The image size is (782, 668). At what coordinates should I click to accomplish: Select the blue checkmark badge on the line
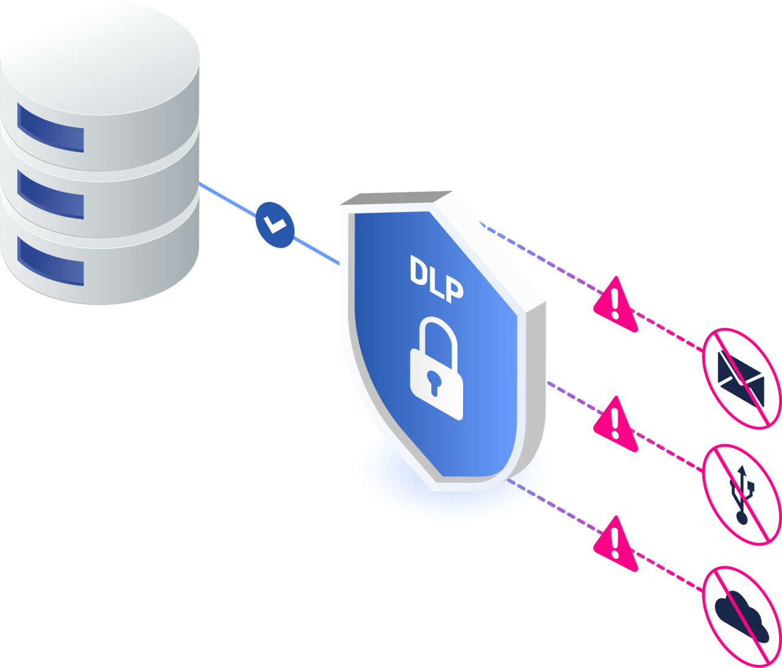coord(275,224)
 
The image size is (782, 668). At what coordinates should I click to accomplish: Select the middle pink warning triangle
coord(615,424)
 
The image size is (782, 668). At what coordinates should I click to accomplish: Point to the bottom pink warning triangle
coord(615,544)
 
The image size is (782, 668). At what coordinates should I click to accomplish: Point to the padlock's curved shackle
coord(438,339)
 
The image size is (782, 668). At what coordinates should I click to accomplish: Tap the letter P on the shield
coord(453,289)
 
